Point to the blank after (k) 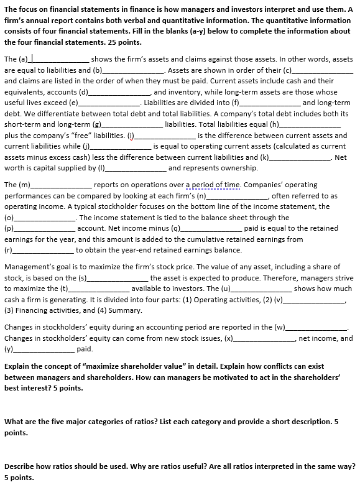point(299,158)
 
